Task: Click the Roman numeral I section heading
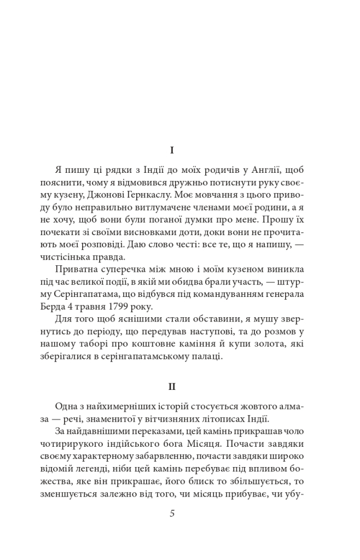point(172,149)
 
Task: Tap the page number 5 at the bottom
point(172,514)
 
